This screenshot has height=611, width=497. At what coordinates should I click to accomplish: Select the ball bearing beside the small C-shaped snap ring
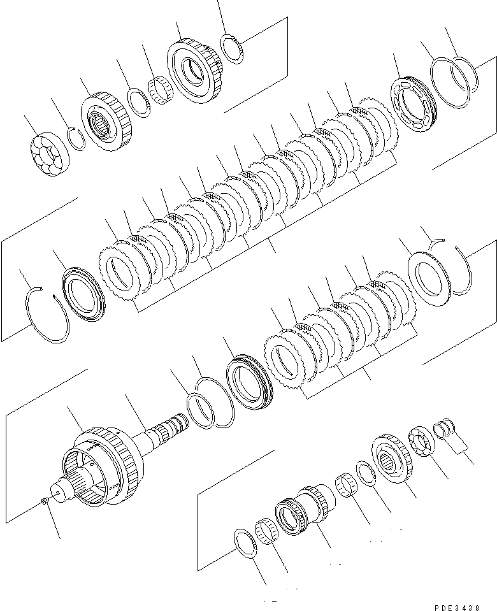49,155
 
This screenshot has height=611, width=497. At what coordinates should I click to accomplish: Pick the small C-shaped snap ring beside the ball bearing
76,138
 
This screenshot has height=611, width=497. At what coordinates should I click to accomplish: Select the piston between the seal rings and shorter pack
250,382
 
